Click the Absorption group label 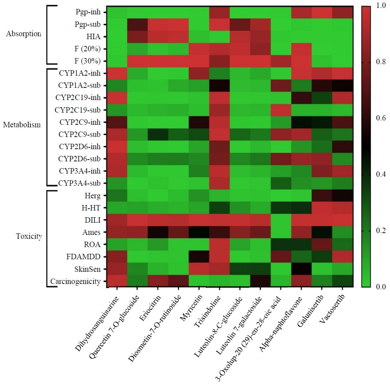(24, 34)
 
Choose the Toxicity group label (29, 236)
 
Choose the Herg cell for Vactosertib (341, 195)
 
